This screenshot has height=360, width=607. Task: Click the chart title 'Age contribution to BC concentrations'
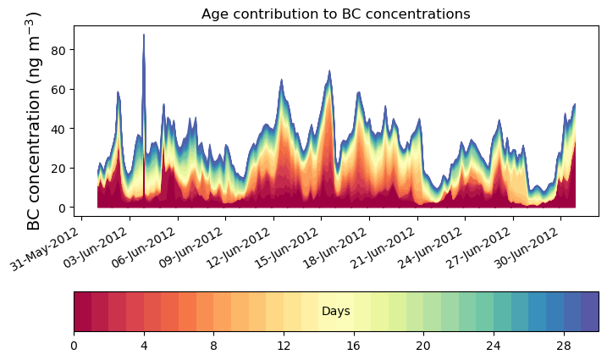coord(335,14)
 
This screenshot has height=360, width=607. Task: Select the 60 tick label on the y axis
coord(60,89)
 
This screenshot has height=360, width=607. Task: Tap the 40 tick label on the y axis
coord(60,129)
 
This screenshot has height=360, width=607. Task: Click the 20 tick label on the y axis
coord(60,168)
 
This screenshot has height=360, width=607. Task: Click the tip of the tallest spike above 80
coord(144,36)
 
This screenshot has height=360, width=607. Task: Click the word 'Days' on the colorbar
coord(336,312)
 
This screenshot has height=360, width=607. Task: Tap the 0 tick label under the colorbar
coord(74,346)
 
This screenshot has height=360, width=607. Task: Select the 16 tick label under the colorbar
coord(354,346)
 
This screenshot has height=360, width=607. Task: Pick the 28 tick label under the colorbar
coord(564,346)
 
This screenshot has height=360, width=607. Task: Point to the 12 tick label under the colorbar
coord(284,346)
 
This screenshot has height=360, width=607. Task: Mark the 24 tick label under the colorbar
coord(494,346)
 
